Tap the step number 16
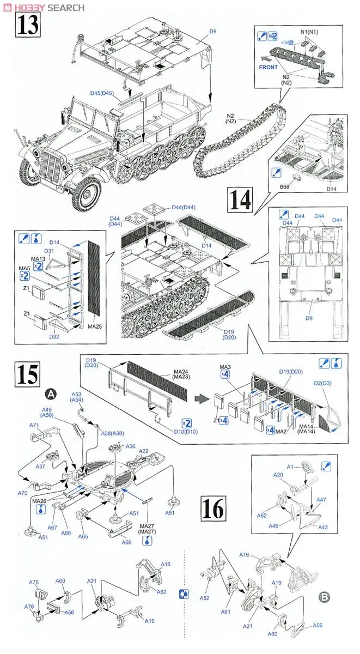point(212,508)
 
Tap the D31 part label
point(50,250)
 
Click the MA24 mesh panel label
point(174,373)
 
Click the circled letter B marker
point(324,597)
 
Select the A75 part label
point(34,582)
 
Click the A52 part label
point(205,597)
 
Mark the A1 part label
point(290,466)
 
